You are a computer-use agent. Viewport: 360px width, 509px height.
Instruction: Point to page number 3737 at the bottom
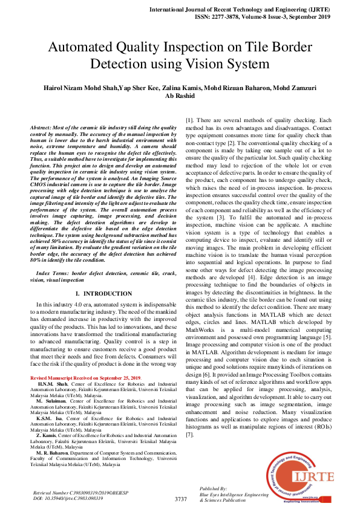coord(180,499)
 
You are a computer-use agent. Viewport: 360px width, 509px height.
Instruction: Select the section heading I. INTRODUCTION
coord(103,293)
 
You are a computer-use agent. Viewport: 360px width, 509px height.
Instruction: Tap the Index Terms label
coord(53,274)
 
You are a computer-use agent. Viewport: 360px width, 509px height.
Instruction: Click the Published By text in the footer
coord(213,488)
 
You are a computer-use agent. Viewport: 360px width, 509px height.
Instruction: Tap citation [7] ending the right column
coord(189,434)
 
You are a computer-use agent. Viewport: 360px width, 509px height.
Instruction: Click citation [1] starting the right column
coord(189,120)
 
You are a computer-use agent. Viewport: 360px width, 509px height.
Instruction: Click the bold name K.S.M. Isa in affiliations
coord(48,418)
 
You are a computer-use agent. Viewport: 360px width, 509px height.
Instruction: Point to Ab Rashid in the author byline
coord(180,96)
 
